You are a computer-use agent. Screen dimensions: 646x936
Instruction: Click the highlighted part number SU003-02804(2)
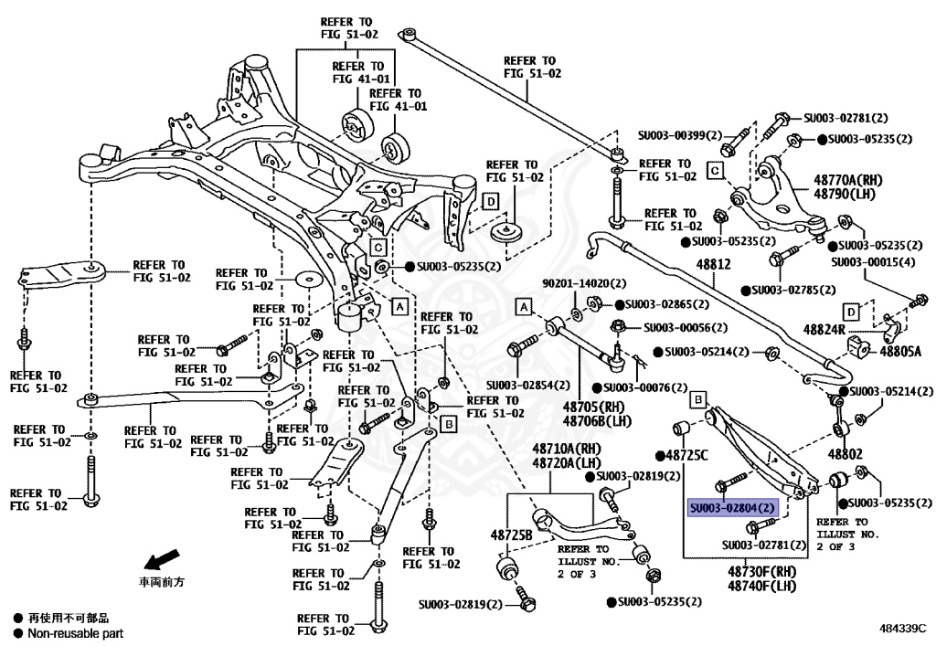click(x=732, y=507)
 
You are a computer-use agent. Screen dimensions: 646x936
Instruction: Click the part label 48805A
click(x=901, y=351)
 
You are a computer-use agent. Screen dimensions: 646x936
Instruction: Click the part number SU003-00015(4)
click(x=873, y=261)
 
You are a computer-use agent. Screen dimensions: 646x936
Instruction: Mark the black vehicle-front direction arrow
click(x=162, y=558)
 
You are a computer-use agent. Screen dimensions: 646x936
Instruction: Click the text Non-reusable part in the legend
click(x=75, y=633)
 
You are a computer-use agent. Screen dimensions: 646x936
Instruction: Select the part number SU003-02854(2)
click(x=528, y=385)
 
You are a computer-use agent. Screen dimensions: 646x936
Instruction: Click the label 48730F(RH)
click(x=763, y=571)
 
